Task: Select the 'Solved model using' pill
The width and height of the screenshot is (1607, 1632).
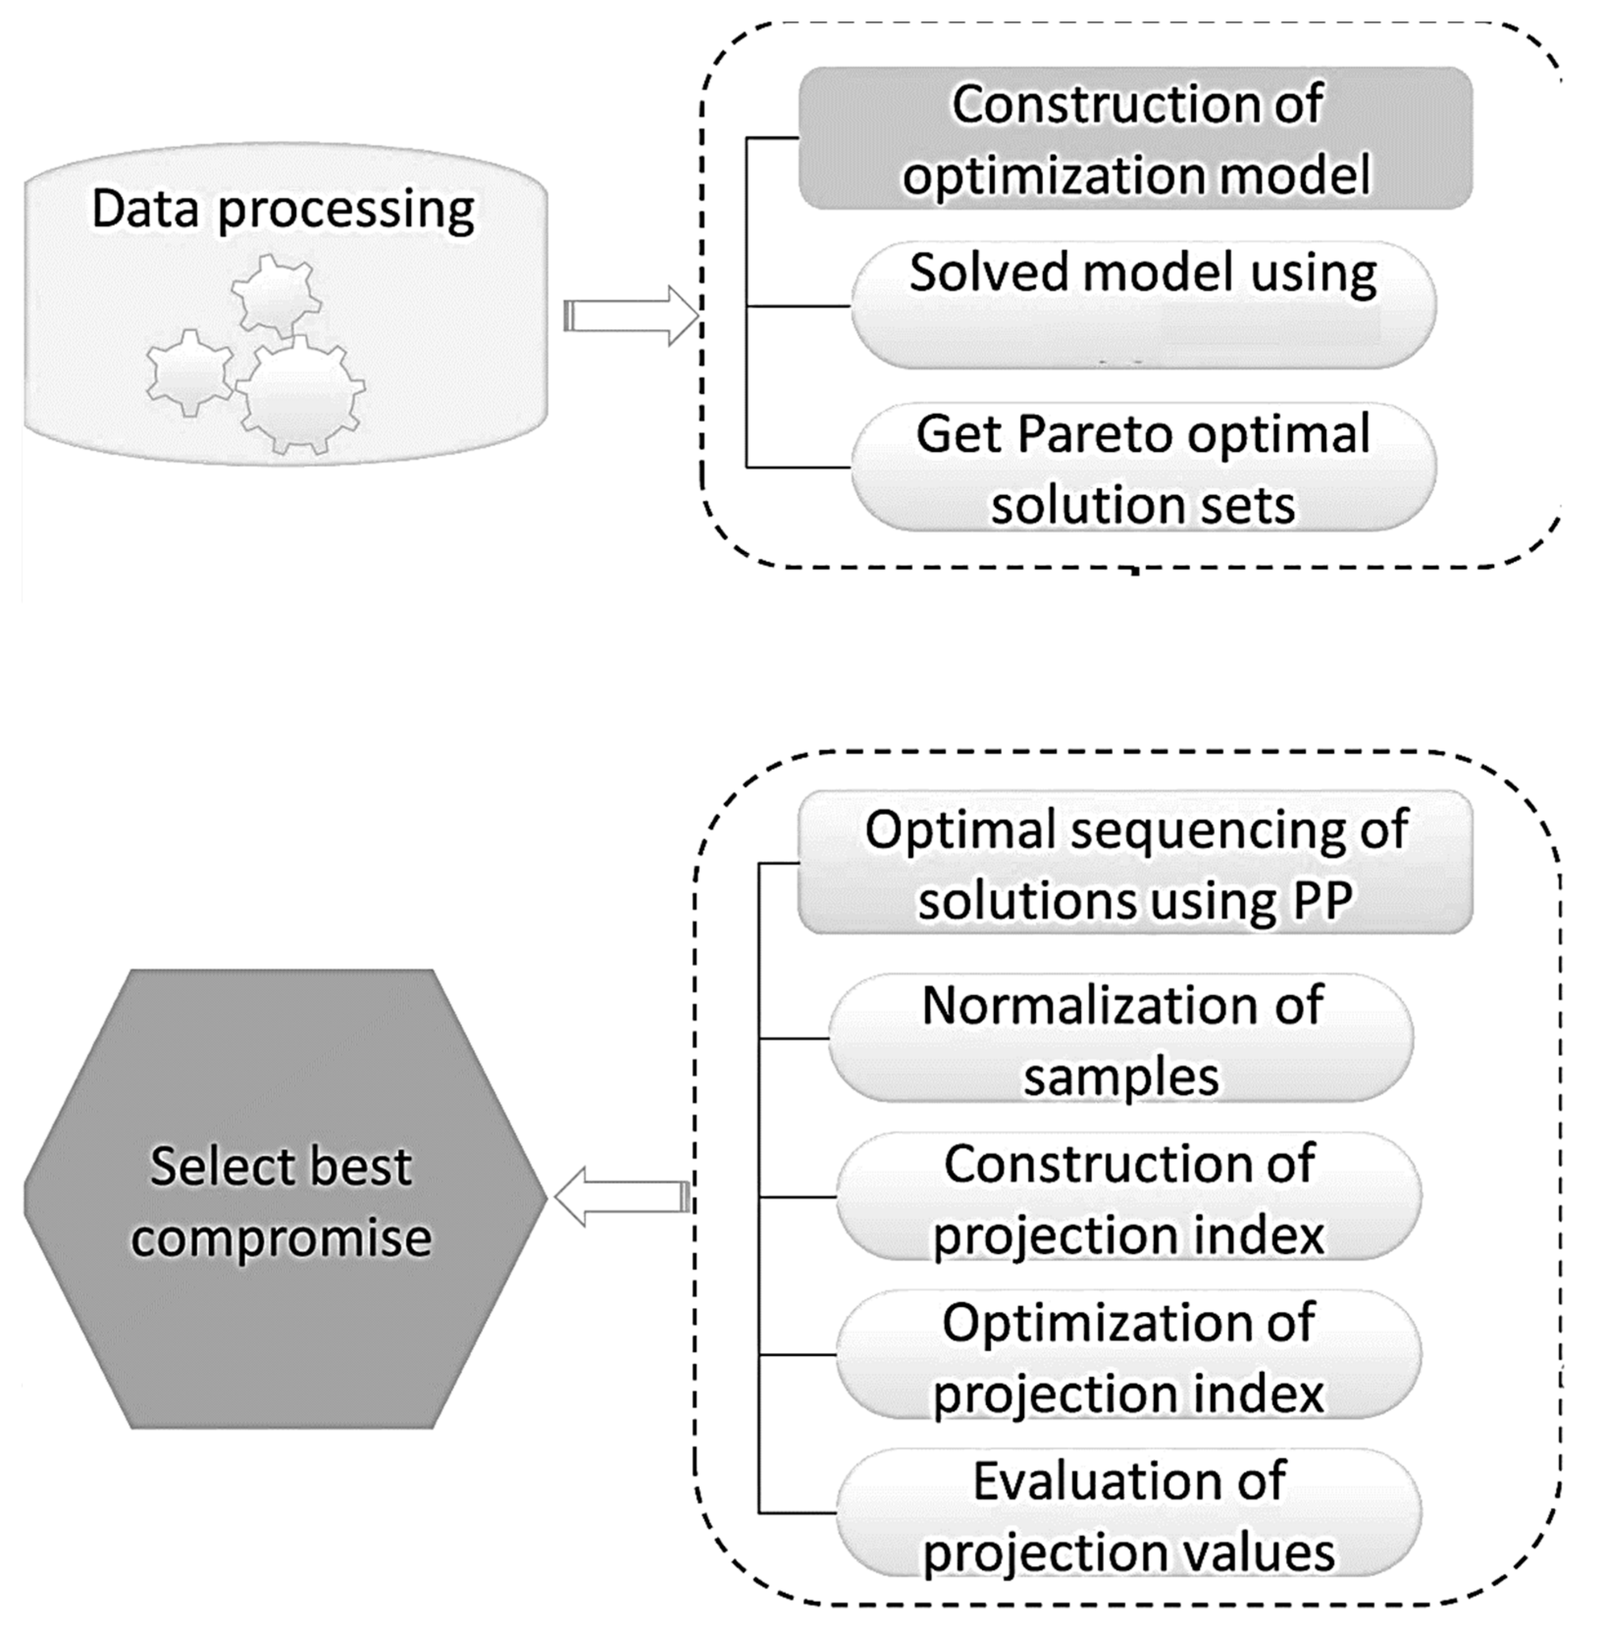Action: click(1143, 306)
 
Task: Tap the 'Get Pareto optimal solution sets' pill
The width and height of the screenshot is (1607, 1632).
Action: click(1143, 467)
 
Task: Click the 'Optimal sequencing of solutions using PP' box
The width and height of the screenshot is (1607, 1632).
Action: click(1135, 863)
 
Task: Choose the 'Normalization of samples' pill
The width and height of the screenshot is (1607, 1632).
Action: click(1121, 1038)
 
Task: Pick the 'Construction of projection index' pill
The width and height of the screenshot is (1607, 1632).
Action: click(1128, 1197)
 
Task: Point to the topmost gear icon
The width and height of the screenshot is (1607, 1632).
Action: click(276, 295)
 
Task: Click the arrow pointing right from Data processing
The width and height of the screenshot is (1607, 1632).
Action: click(631, 316)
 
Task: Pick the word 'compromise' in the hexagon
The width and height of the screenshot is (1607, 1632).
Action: click(281, 1238)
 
